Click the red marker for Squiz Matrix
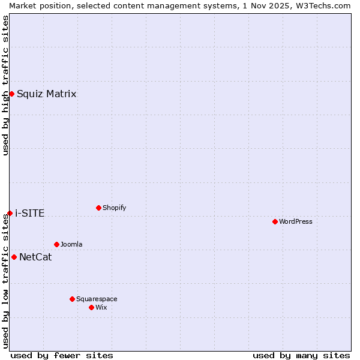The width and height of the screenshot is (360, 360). [x=11, y=94]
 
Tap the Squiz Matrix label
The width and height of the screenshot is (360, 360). [x=46, y=94]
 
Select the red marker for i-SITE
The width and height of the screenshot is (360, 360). [x=10, y=213]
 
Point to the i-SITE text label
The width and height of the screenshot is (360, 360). [x=29, y=214]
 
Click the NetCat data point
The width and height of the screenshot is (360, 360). [x=14, y=257]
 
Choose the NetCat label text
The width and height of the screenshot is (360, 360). [x=35, y=257]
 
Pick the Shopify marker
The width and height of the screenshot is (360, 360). [x=98, y=208]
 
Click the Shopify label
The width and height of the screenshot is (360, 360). [x=114, y=208]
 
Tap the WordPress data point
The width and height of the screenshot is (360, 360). [x=275, y=221]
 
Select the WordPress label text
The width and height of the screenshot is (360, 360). [x=295, y=222]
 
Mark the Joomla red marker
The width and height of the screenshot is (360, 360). [x=56, y=244]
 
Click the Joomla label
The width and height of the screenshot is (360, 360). [x=71, y=245]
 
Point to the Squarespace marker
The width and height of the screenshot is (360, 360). [x=72, y=299]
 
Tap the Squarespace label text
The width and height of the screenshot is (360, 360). [x=97, y=299]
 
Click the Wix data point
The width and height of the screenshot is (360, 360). [x=91, y=307]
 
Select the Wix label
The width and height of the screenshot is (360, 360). [x=101, y=308]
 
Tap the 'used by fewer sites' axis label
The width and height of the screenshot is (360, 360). [x=62, y=355]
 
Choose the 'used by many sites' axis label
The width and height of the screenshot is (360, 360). [x=301, y=355]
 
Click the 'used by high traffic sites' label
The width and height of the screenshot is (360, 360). [x=5, y=85]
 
